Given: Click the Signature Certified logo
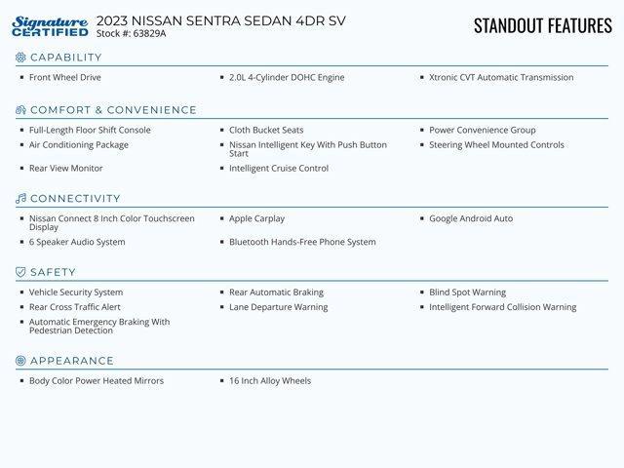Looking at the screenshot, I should point(51,26).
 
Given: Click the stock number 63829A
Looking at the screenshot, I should point(149,33).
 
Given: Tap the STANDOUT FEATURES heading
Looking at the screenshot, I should point(542,25).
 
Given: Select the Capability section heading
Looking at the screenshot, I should point(65,58).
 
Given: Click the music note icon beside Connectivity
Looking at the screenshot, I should point(20,199).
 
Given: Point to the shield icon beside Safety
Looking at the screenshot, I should point(20,272).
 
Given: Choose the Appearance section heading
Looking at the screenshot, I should point(71,361).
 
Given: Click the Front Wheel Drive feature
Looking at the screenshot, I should point(64,77).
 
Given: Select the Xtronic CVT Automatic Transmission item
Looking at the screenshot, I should point(501,77).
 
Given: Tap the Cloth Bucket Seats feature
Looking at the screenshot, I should point(266,130).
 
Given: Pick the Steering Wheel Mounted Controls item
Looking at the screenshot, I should point(496,145).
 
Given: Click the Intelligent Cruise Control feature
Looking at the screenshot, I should point(279,169).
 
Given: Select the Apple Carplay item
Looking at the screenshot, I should point(256,218).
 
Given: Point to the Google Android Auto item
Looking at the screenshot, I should point(471,218).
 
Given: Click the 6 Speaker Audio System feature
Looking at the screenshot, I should point(77,242).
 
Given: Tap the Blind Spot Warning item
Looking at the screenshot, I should point(467,292).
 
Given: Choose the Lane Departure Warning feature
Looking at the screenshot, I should point(278,307).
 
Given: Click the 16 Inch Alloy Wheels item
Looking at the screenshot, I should point(270,380).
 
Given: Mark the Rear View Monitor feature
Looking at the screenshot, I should point(65,169).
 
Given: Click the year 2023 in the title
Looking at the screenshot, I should point(112,20).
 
